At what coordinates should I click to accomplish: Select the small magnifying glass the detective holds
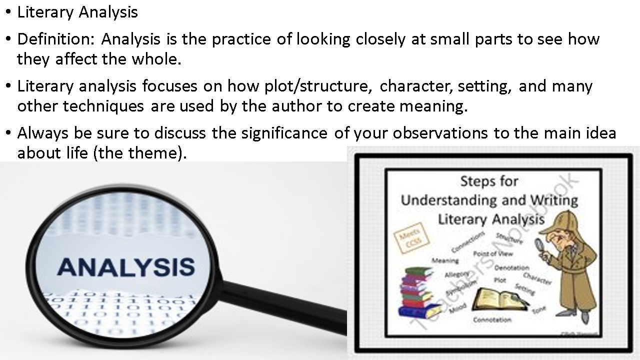541,244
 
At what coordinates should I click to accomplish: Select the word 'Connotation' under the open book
492,319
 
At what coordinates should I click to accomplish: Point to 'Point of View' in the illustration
493,253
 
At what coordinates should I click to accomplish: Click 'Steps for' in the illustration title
489,180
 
